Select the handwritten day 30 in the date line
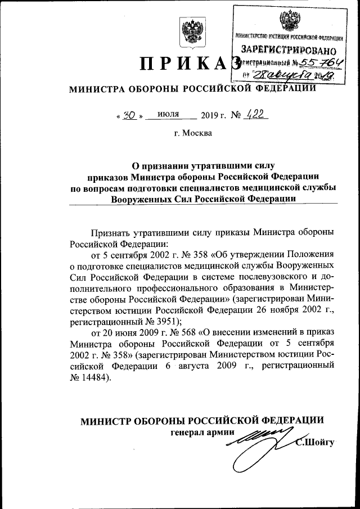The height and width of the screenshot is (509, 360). [129, 115]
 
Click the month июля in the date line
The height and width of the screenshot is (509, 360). [169, 114]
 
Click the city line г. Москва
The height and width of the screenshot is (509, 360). [193, 133]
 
